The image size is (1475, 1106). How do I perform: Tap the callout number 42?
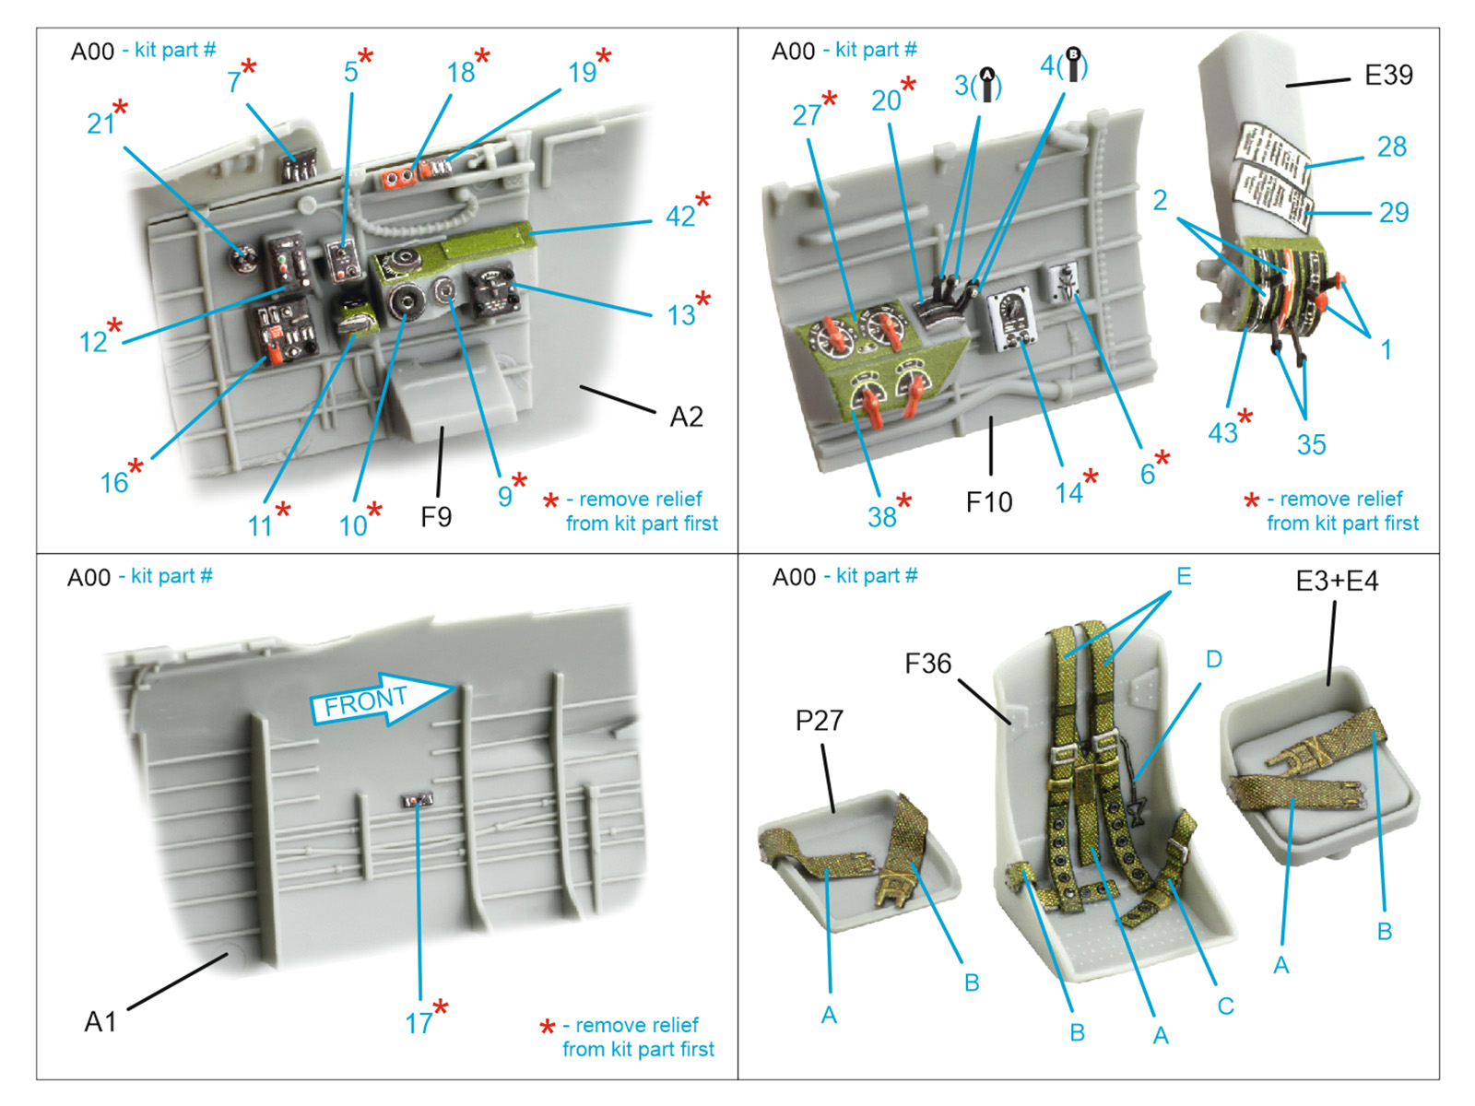click(680, 217)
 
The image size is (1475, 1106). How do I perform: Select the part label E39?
click(1387, 76)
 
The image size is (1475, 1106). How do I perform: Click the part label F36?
click(927, 664)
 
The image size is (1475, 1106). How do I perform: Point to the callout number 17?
click(419, 1023)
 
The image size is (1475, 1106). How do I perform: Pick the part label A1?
click(100, 1021)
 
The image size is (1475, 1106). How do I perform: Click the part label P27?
click(819, 721)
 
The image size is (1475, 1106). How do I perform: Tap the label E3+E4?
click(1337, 582)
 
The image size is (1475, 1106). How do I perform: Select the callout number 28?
click(1391, 147)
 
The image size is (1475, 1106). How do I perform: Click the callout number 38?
click(882, 517)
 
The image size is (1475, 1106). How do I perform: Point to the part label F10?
click(988, 502)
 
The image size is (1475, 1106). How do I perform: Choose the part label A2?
click(686, 418)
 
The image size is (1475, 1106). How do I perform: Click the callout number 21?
click(100, 124)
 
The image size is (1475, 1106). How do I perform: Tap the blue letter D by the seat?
click(1213, 659)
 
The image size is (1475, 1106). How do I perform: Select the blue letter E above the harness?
click(1184, 577)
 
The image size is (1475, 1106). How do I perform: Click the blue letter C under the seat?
click(1225, 1006)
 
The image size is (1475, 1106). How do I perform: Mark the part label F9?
click(436, 517)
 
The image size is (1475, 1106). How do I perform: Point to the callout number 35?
click(1311, 445)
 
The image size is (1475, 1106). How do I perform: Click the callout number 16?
click(114, 482)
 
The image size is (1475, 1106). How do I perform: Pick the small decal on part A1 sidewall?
click(418, 800)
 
